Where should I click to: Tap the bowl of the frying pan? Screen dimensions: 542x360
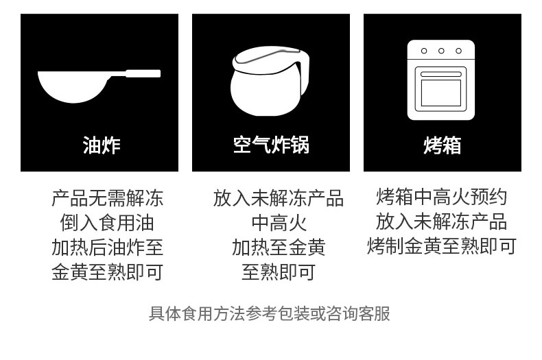73,86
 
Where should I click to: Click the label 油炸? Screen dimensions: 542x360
102,145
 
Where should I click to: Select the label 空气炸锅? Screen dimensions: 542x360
271,145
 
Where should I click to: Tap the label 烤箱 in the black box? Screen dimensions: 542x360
442,145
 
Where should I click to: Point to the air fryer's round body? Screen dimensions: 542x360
265,93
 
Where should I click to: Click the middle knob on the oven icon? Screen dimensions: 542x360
441,51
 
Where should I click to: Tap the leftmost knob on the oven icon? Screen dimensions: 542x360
424,51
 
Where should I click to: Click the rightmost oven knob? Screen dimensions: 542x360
458,51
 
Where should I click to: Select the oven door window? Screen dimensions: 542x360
440,93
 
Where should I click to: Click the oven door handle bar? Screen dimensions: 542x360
440,74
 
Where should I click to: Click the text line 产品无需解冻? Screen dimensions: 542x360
107,198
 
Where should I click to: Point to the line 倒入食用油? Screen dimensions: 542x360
107,223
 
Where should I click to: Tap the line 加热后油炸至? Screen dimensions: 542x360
107,248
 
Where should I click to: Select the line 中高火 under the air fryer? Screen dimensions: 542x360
279,223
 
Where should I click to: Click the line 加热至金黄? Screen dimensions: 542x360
279,248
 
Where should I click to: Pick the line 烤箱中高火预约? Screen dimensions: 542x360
442,197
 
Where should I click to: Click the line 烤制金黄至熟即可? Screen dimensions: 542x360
442,246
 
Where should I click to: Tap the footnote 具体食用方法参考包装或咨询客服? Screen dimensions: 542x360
270,313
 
